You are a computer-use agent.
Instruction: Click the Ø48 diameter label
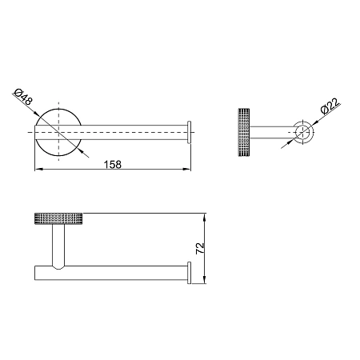click(x=23, y=96)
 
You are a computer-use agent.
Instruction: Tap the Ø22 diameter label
click(x=330, y=106)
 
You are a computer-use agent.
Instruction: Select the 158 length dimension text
click(x=113, y=165)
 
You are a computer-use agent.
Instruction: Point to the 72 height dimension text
click(x=200, y=248)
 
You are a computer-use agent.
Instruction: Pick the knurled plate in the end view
click(x=244, y=132)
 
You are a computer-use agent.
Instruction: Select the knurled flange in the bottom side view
click(x=58, y=219)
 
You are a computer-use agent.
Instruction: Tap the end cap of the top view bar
click(x=190, y=132)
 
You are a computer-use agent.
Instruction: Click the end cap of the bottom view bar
click(x=190, y=273)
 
